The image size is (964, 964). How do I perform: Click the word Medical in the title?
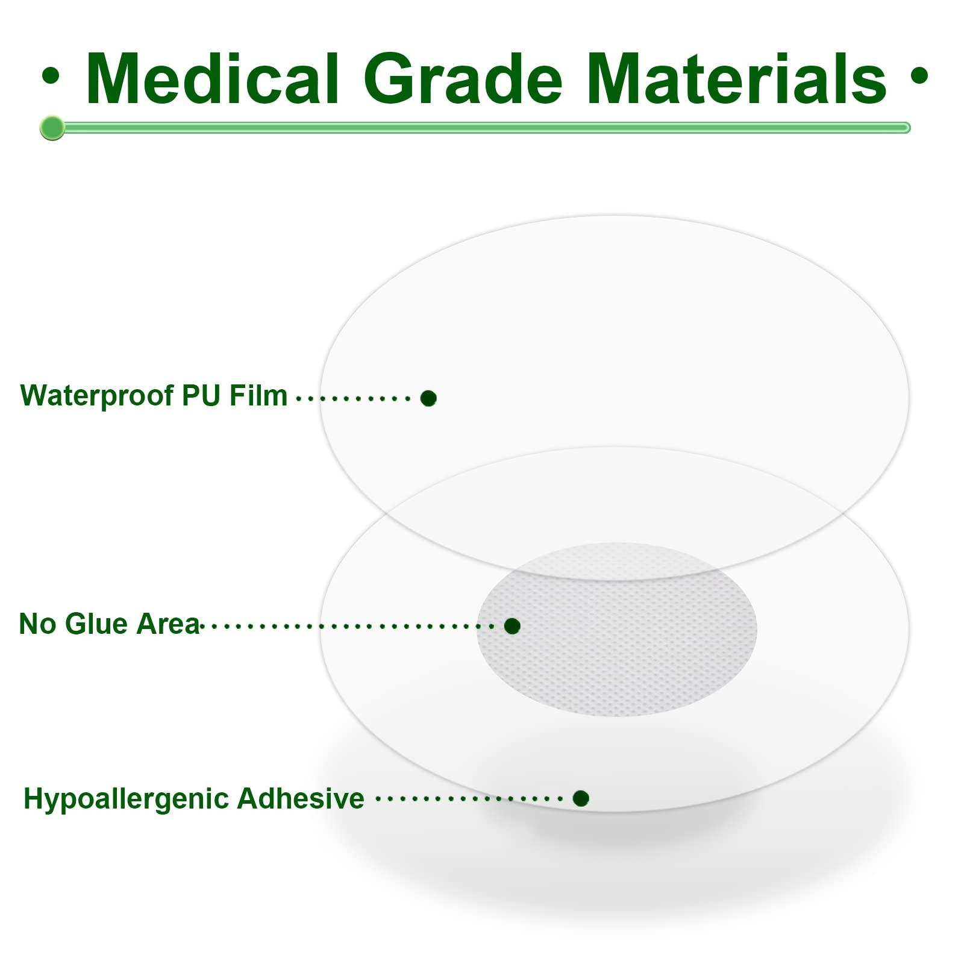coord(212,80)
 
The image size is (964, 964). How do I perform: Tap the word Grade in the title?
coord(463,80)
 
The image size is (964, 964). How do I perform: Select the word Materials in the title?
coord(739,80)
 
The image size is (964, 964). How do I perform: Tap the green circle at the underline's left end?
coord(52,128)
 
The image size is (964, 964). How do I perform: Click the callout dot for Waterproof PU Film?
coord(428,398)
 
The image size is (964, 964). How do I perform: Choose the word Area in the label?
coord(167,624)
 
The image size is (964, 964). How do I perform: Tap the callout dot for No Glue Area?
coord(512,626)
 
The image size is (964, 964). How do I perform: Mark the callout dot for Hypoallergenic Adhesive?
coord(581,798)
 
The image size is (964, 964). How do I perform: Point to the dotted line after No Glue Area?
coord(349,627)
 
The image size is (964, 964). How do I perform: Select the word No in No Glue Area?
coord(38,624)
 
